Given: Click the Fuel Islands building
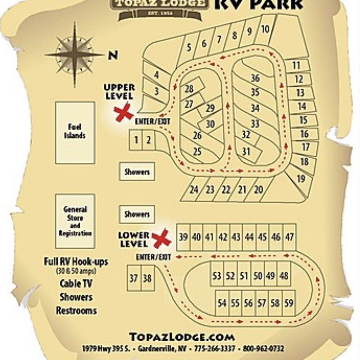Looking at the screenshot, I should pyautogui.click(x=75, y=132).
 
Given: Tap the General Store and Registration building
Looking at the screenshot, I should pyautogui.click(x=75, y=221).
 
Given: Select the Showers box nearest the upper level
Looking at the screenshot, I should pyautogui.click(x=137, y=172).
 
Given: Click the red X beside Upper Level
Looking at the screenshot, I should pyautogui.click(x=123, y=112).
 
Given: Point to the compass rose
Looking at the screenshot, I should pyautogui.click(x=75, y=55).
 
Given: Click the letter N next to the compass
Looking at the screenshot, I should pyautogui.click(x=113, y=55).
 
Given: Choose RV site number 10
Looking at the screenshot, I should pyautogui.click(x=265, y=29).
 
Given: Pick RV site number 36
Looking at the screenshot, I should pyautogui.click(x=255, y=78).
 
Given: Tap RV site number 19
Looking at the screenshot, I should pyautogui.click(x=301, y=178).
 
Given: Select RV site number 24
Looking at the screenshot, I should pyautogui.click(x=194, y=190).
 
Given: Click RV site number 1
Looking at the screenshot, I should pyautogui.click(x=136, y=140).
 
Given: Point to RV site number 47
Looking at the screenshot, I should pyautogui.click(x=289, y=237).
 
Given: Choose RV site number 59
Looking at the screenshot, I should pyautogui.click(x=289, y=303).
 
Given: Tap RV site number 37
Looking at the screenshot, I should pyautogui.click(x=134, y=278).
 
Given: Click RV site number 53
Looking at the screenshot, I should pyautogui.click(x=217, y=276).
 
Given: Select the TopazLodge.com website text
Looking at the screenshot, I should pyautogui.click(x=182, y=337).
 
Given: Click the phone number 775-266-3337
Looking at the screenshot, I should pyautogui.click(x=215, y=349).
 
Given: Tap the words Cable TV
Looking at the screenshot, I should pyautogui.click(x=76, y=284).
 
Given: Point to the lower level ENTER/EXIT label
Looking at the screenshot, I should pyautogui.click(x=153, y=257).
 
